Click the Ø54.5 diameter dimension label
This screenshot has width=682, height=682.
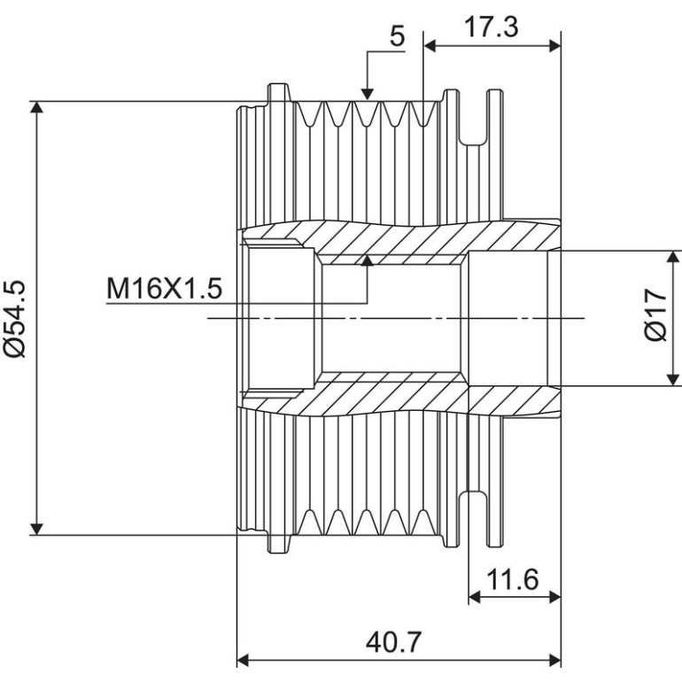pyautogui.click(x=15, y=319)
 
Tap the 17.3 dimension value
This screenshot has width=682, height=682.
pyautogui.click(x=491, y=27)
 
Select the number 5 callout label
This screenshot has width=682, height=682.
pyautogui.click(x=397, y=35)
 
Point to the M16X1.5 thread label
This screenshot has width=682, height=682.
pyautogui.click(x=165, y=289)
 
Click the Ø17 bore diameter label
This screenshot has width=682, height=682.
pyautogui.click(x=655, y=314)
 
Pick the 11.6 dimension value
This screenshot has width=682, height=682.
pyautogui.click(x=512, y=579)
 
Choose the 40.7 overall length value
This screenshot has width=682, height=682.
pyautogui.click(x=393, y=642)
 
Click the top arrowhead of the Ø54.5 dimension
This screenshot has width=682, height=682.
pyautogui.click(x=37, y=106)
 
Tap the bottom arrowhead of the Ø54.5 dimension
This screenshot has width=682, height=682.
pyautogui.click(x=37, y=529)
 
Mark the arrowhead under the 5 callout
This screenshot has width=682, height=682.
pyautogui.click(x=368, y=94)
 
